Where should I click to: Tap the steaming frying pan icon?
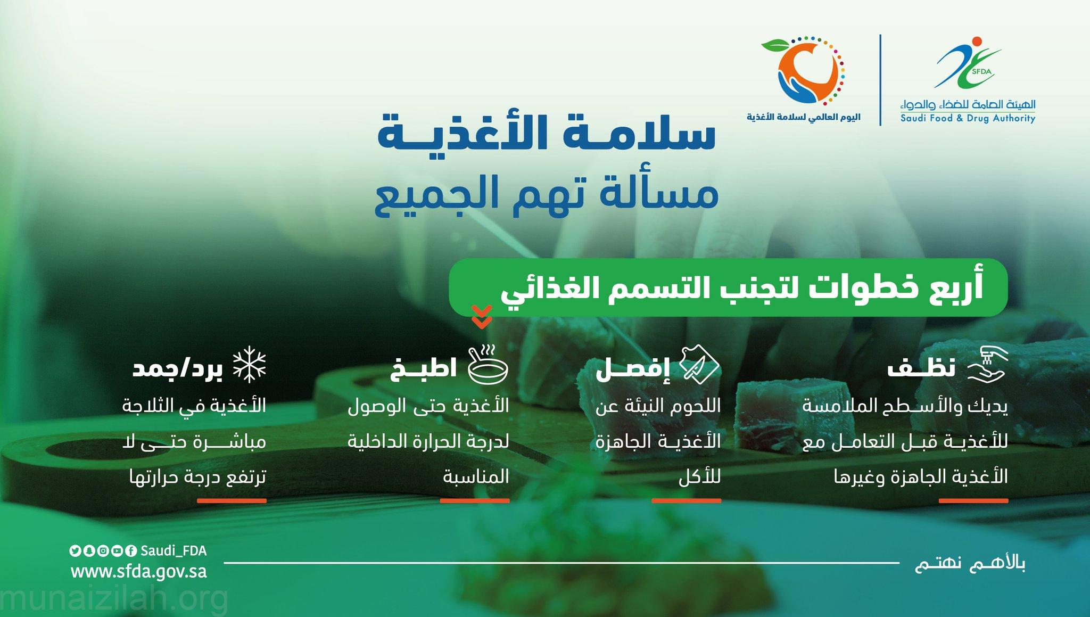pos(488,365)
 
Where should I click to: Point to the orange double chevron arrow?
pos(482,317)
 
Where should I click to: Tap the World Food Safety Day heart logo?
pos(803,70)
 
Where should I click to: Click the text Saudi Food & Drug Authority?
pos(968,118)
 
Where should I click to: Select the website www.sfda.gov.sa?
pos(139,572)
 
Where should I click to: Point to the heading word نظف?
pos(921,367)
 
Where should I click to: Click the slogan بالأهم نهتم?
pos(970,563)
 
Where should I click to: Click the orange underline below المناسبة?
pos(475,500)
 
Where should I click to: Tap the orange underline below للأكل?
pos(687,500)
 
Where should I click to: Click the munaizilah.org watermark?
pos(114,599)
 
